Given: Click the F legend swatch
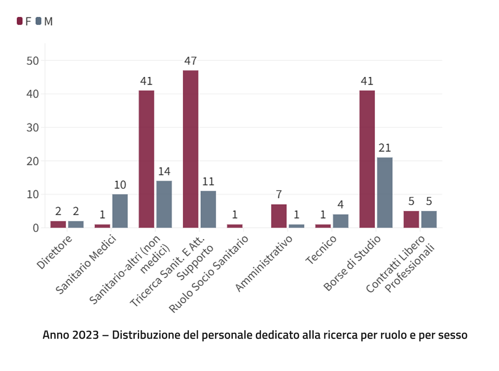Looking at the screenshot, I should pyautogui.click(x=19, y=21).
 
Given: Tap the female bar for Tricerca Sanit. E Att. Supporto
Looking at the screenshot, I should pyautogui.click(x=191, y=149).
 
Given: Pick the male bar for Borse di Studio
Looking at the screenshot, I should pyautogui.click(x=385, y=193).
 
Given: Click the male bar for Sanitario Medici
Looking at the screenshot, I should pyautogui.click(x=120, y=211).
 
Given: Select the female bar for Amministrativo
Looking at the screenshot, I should pyautogui.click(x=279, y=216).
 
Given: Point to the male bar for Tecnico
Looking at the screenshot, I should pyautogui.click(x=340, y=221).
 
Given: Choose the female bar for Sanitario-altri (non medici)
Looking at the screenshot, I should pyautogui.click(x=146, y=159).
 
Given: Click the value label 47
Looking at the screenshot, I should pyautogui.click(x=191, y=61).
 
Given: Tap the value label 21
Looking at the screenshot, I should pyautogui.click(x=385, y=148).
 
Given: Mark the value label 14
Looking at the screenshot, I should pyautogui.click(x=164, y=171).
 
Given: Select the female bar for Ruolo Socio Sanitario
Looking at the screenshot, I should pyautogui.click(x=235, y=226).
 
